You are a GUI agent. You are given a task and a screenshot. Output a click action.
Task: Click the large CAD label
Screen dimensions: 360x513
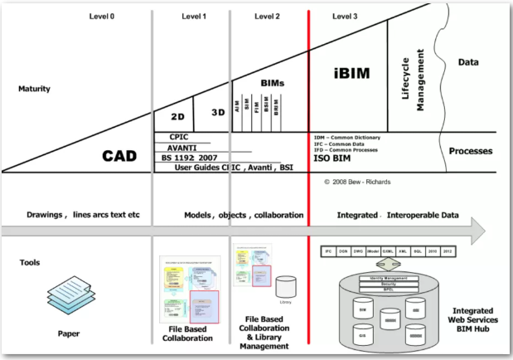point(119,156)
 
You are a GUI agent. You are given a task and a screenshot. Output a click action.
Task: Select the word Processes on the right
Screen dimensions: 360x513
point(471,152)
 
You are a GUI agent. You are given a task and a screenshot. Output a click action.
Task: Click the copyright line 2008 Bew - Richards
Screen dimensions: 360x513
point(358,180)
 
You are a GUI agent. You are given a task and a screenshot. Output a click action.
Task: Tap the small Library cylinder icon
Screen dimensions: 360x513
point(286,287)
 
